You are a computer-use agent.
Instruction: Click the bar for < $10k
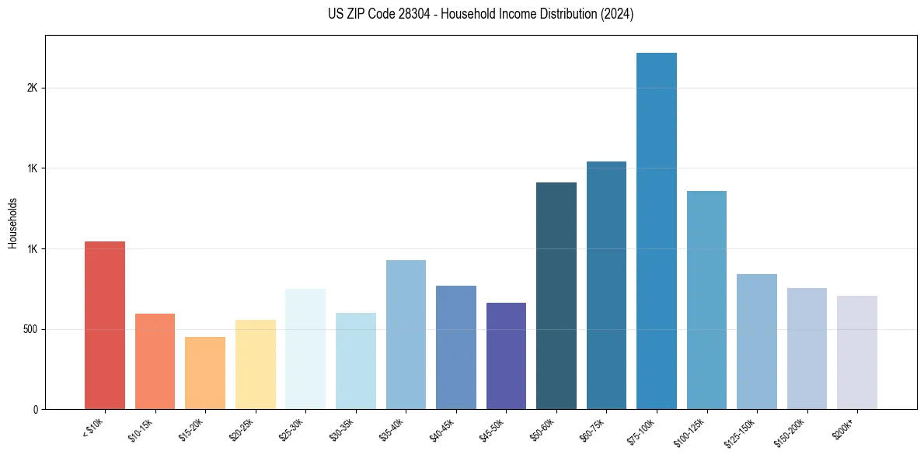(105, 325)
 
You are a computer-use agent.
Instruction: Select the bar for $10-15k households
(155, 361)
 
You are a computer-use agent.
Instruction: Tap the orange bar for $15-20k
(205, 373)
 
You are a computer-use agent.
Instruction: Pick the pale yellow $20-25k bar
(256, 364)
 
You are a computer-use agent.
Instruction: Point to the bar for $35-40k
(406, 335)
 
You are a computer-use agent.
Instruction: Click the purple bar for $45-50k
(506, 356)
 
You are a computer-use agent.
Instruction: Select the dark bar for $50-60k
(556, 296)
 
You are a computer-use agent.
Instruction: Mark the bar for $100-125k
(706, 300)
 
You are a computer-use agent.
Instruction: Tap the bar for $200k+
(857, 352)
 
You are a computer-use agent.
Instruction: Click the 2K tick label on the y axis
(32, 88)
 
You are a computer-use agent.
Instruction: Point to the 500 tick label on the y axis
(30, 329)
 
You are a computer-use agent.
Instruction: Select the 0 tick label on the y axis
(35, 409)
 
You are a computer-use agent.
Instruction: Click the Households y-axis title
(12, 222)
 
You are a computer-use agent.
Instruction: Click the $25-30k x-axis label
(291, 428)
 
